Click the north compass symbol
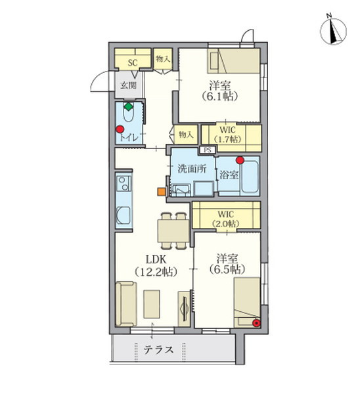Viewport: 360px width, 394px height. click(333, 31)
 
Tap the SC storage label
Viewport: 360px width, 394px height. click(133, 63)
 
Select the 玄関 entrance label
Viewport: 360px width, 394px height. click(129, 85)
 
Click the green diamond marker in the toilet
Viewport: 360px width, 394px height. click(129, 107)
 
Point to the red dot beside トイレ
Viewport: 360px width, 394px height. click(120, 129)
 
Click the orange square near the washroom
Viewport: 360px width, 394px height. click(161, 192)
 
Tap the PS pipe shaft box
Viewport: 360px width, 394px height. click(208, 150)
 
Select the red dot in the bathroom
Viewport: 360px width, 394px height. click(240, 160)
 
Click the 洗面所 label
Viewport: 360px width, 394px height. click(192, 169)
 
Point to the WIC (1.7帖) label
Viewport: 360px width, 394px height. click(227, 135)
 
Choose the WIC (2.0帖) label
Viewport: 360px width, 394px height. click(225, 219)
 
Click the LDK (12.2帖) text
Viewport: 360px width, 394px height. click(156, 265)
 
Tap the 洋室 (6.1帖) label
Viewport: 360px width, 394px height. click(219, 91)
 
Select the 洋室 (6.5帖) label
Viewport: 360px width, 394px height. click(227, 263)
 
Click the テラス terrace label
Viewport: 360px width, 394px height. click(158, 349)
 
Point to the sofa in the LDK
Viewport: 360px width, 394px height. click(126, 304)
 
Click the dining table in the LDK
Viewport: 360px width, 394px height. click(173, 231)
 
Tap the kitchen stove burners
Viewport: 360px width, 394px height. click(124, 183)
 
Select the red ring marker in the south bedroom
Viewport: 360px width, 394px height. click(256, 323)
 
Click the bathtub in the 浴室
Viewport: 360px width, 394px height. click(250, 177)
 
